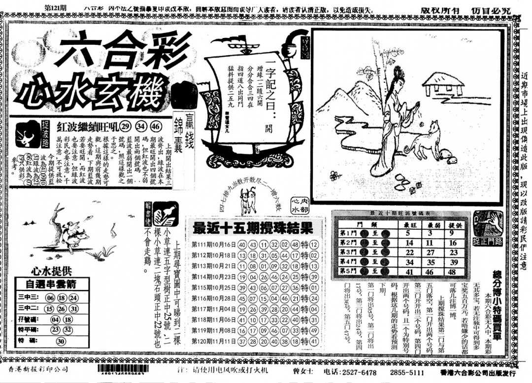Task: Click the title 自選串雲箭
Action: (x=50, y=284)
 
